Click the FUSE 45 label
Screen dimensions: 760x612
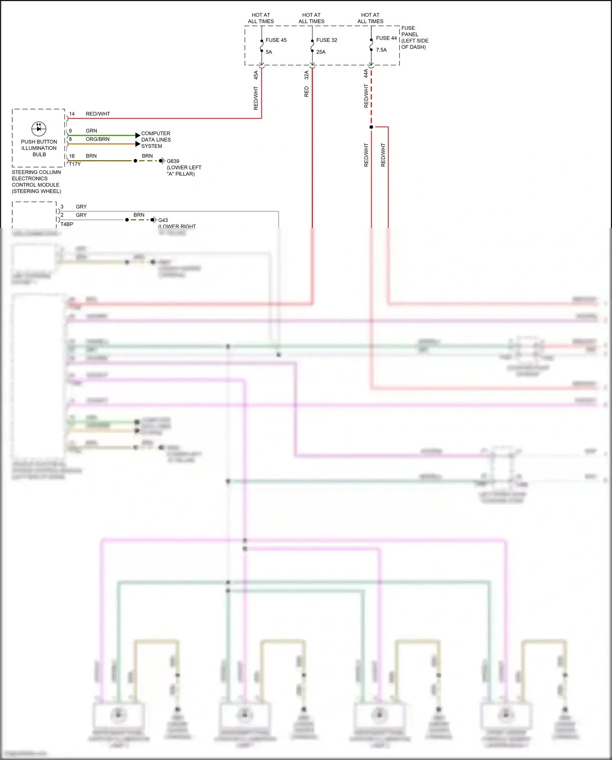point(276,40)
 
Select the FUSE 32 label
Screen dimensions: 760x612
point(326,40)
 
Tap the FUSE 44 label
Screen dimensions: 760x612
point(386,38)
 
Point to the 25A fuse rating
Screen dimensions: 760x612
point(321,52)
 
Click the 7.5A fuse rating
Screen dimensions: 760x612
point(381,50)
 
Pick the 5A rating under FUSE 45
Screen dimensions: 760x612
point(269,52)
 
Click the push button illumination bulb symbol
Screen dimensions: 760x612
point(39,129)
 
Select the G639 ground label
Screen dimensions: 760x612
point(173,161)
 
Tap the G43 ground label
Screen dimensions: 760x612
point(163,220)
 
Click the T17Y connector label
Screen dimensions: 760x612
point(75,164)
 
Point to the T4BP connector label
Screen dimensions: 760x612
point(67,224)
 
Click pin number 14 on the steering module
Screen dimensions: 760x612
point(72,114)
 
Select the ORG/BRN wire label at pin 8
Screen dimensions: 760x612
point(98,139)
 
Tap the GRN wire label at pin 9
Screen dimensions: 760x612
point(91,131)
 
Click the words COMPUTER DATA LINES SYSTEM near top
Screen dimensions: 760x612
point(156,140)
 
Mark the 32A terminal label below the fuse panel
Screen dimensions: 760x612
point(306,75)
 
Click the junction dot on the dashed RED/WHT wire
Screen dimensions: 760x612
point(371,127)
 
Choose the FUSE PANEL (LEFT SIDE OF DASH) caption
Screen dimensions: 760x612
point(415,38)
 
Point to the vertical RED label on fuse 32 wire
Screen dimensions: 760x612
point(306,91)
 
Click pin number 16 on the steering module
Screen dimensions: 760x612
point(72,156)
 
